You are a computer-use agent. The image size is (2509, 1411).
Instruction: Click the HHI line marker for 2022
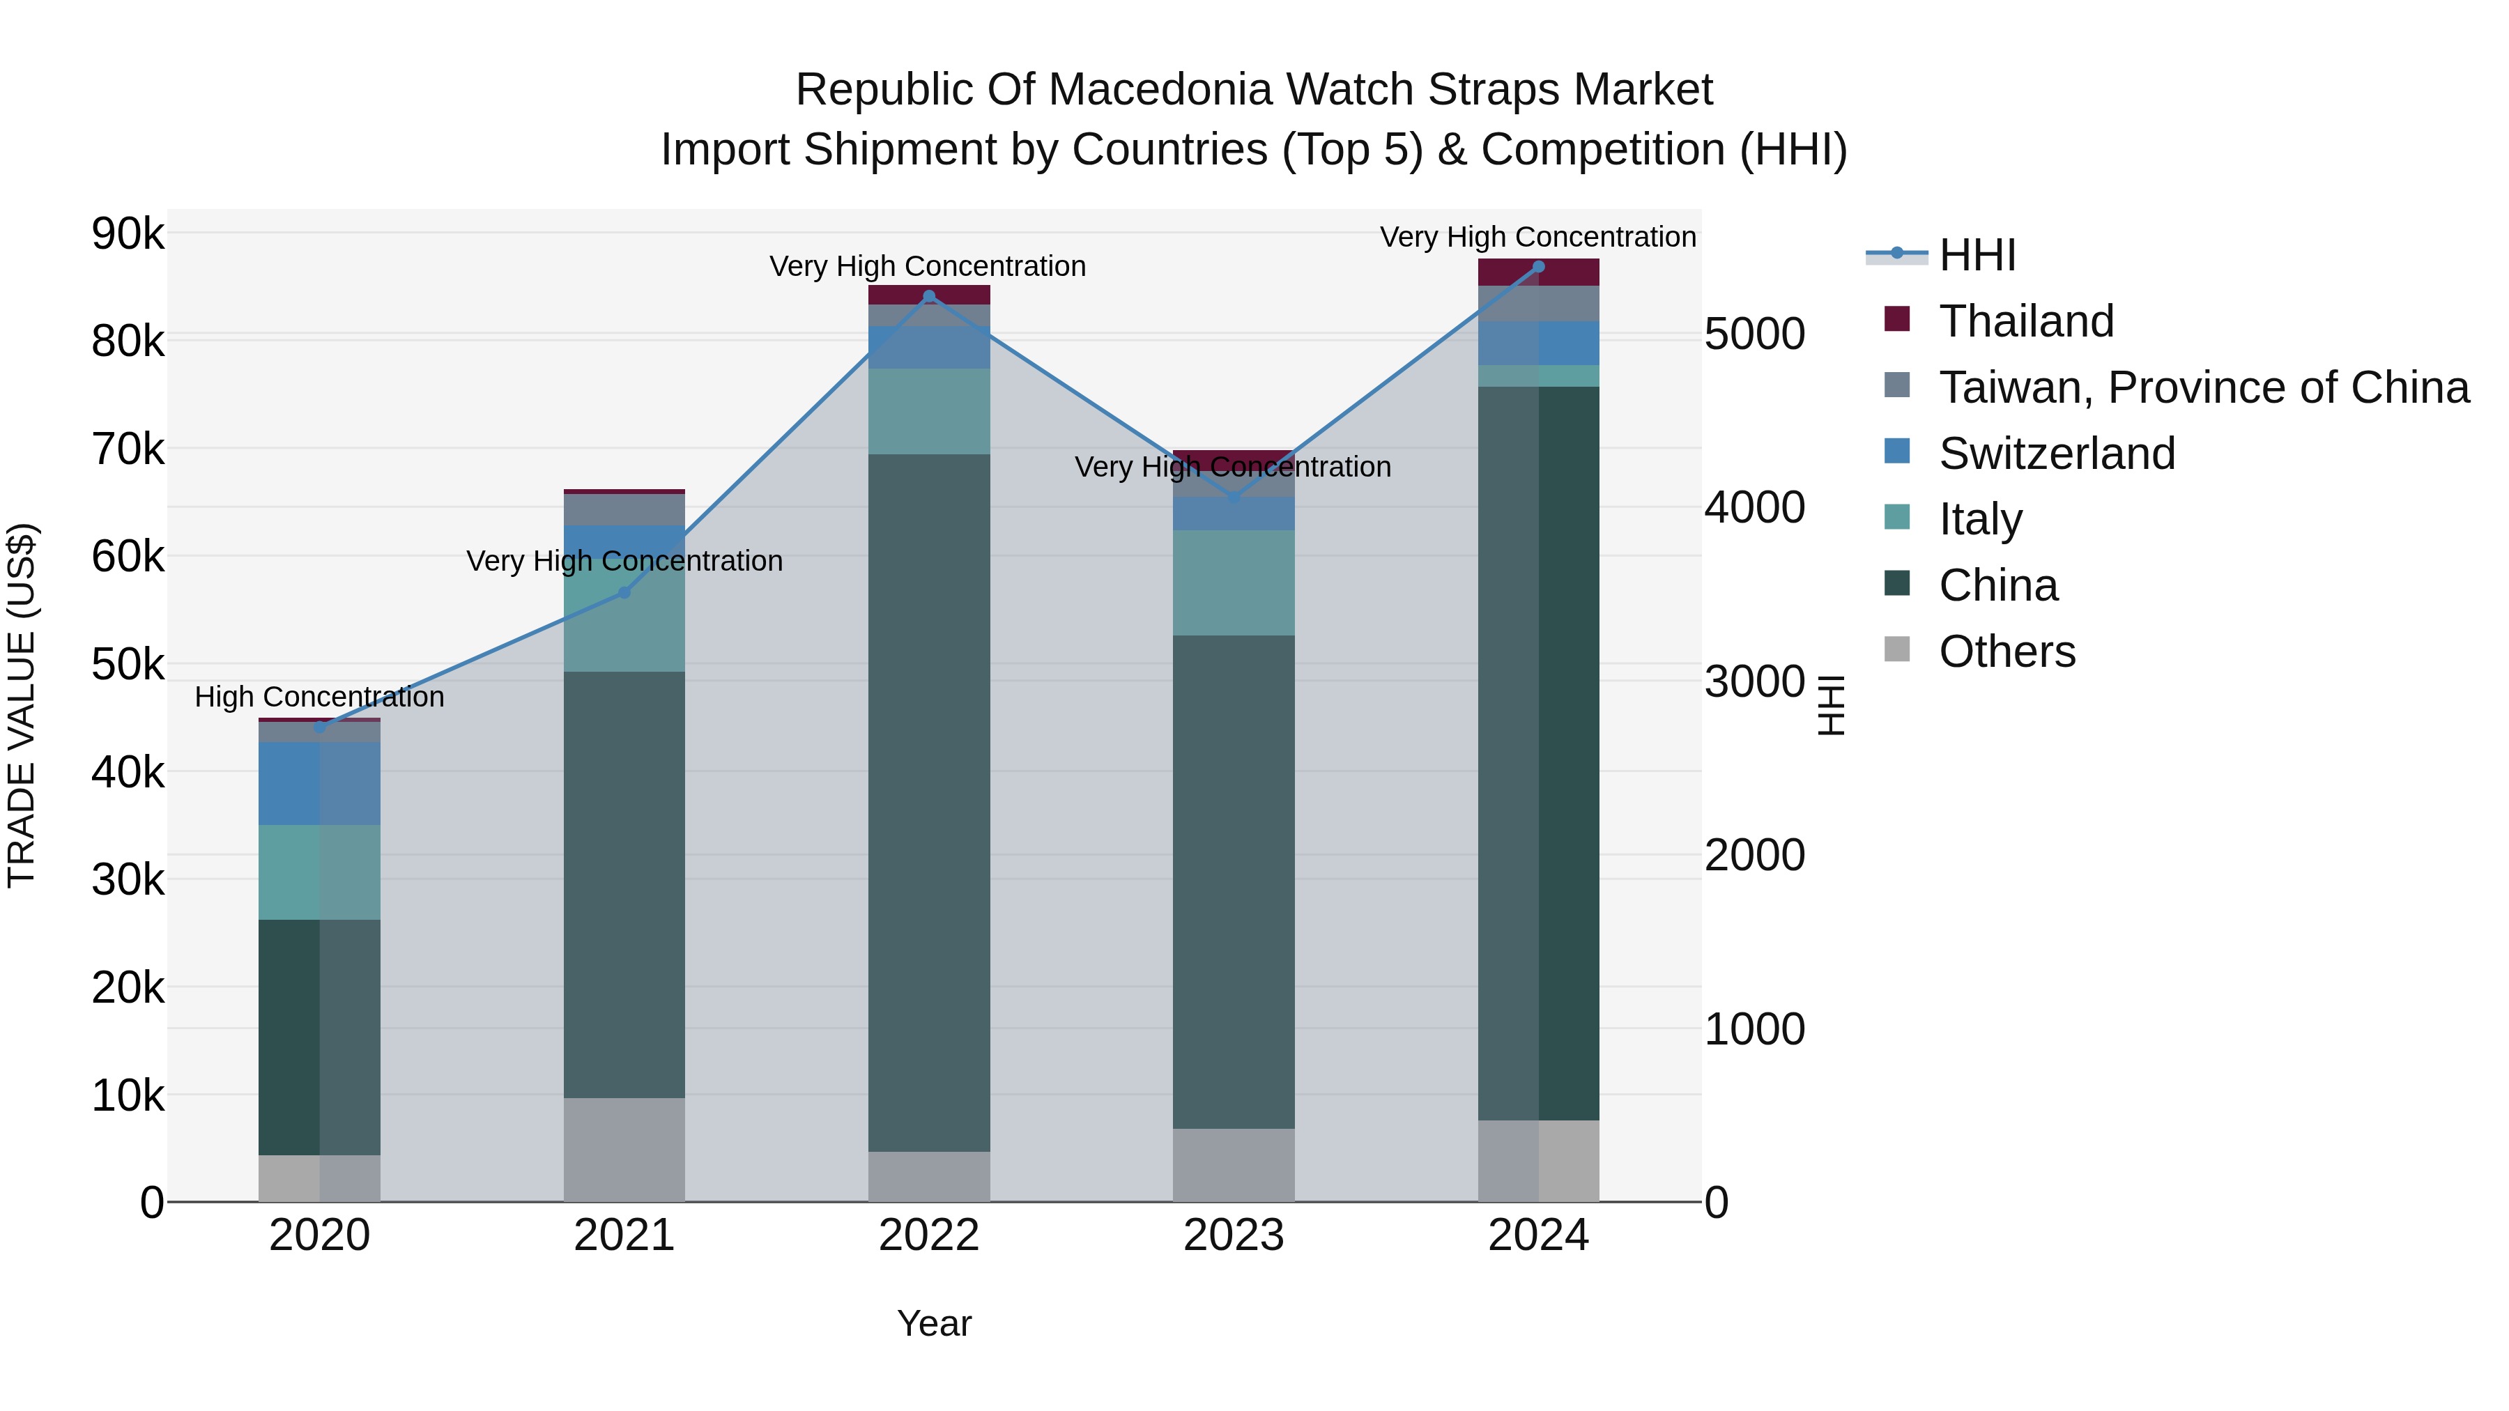pyautogui.click(x=928, y=296)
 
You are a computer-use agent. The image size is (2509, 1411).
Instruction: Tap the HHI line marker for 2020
pyautogui.click(x=319, y=727)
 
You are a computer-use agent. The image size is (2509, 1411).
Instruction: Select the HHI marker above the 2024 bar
pyautogui.click(x=1538, y=266)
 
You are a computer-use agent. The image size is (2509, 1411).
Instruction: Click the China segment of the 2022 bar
pyautogui.click(x=928, y=799)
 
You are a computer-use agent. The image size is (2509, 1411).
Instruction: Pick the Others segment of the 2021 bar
pyautogui.click(x=624, y=1149)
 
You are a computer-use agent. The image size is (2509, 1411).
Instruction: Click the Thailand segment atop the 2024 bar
pyautogui.click(x=1538, y=272)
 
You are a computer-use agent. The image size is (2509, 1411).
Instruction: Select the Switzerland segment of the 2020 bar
pyautogui.click(x=319, y=783)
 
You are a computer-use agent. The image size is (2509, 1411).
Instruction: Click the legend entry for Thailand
pyautogui.click(x=2026, y=321)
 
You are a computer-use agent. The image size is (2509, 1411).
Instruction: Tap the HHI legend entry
pyautogui.click(x=1977, y=255)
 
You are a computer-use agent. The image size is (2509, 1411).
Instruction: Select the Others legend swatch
pyautogui.click(x=1897, y=649)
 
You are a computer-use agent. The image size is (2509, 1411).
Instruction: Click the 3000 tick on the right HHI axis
pyautogui.click(x=1754, y=681)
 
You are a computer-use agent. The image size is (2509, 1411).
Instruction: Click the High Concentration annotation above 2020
pyautogui.click(x=319, y=697)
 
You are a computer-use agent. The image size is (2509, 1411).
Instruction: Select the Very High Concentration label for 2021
pyautogui.click(x=624, y=561)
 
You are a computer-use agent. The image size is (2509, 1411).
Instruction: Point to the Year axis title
pyautogui.click(x=933, y=1323)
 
